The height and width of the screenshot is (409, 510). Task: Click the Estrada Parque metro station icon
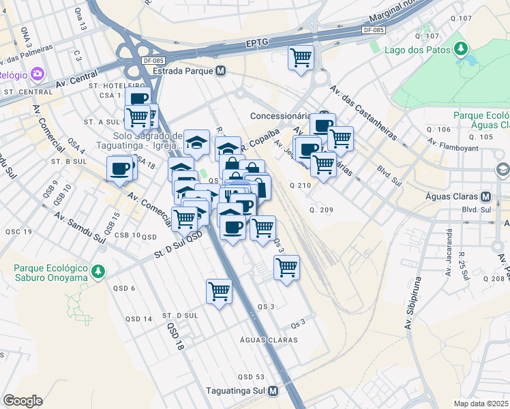pos(220,71)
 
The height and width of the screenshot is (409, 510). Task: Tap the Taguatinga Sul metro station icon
pos(273,391)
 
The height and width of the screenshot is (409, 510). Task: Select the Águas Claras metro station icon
pos(485,196)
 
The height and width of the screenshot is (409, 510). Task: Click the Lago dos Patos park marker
pos(462,49)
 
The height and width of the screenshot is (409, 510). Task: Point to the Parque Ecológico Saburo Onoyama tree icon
pos(98,271)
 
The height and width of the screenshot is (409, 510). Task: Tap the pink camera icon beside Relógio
pos(37,74)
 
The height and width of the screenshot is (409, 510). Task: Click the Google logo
pos(22,401)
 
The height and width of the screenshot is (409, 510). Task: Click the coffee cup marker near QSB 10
pos(121,168)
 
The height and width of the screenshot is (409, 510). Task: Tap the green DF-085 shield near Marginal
pos(374,30)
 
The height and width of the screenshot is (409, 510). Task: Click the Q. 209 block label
pos(320,209)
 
